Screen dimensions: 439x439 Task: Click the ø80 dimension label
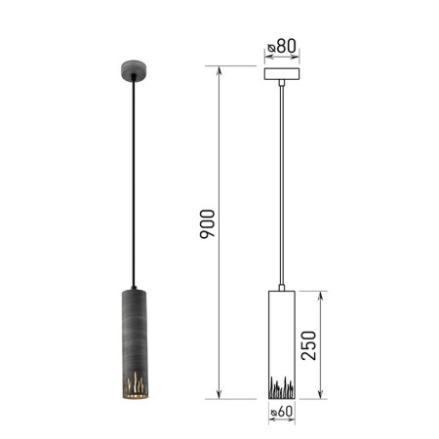(282, 46)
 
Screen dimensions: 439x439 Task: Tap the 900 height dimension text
(208, 224)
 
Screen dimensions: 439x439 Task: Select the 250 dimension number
(308, 345)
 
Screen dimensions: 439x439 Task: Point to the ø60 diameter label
(282, 412)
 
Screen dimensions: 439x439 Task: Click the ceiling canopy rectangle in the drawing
(282, 74)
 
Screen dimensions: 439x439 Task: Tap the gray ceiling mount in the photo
(134, 70)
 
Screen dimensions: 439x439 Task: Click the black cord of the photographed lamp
(134, 182)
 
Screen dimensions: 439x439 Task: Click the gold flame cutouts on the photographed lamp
(136, 383)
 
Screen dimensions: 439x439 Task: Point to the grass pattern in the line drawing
(282, 387)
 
